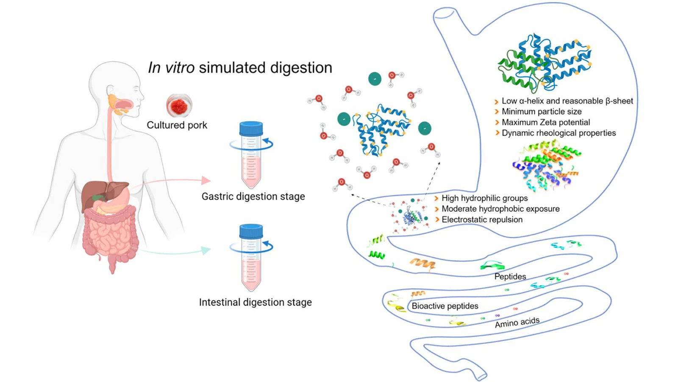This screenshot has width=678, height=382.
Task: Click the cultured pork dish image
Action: tap(179, 106)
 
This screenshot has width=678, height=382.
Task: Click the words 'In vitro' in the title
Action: tap(171, 68)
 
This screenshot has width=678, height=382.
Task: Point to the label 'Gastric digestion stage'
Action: tap(253, 197)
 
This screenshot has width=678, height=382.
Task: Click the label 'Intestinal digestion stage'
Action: tap(255, 302)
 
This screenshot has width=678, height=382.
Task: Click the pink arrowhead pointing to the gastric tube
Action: tap(206, 180)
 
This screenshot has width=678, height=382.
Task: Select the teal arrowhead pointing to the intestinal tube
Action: tap(206, 250)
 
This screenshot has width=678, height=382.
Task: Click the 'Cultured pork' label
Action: tap(177, 125)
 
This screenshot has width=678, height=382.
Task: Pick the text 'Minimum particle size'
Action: tap(541, 112)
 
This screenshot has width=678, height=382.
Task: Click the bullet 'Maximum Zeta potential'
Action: tap(545, 122)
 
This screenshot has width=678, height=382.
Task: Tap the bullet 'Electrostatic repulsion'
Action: tap(482, 219)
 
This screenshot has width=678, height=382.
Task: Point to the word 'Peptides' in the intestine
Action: tap(510, 276)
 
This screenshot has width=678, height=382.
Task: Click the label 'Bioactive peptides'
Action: tap(445, 306)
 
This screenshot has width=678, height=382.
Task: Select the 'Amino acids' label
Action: tap(517, 323)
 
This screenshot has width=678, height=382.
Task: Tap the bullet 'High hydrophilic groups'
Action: tap(484, 198)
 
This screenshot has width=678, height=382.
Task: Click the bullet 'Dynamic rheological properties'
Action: tap(559, 133)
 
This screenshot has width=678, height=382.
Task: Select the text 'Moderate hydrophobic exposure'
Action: tap(500, 209)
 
